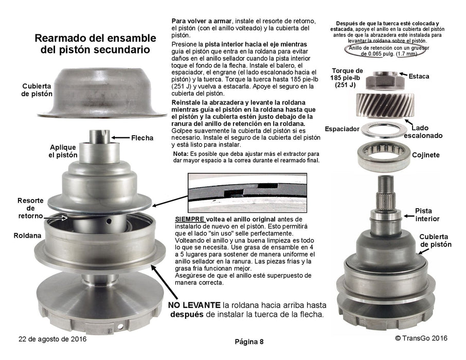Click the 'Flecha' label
click(x=142, y=138)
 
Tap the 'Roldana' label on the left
click(x=27, y=236)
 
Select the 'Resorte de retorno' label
click(x=30, y=208)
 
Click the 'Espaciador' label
click(x=342, y=129)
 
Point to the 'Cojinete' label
click(x=425, y=155)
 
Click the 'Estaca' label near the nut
click(x=419, y=77)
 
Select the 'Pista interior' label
click(x=427, y=214)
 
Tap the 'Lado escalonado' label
click(x=423, y=132)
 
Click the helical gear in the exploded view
click(x=385, y=105)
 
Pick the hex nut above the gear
click(x=384, y=80)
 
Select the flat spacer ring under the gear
click(x=384, y=130)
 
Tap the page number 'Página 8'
click(x=249, y=342)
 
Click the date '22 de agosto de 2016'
click(x=52, y=339)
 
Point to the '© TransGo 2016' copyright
click(x=421, y=338)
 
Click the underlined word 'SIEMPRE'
click(x=190, y=220)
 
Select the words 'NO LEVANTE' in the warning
click(x=194, y=305)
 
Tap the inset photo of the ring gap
click(x=247, y=193)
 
